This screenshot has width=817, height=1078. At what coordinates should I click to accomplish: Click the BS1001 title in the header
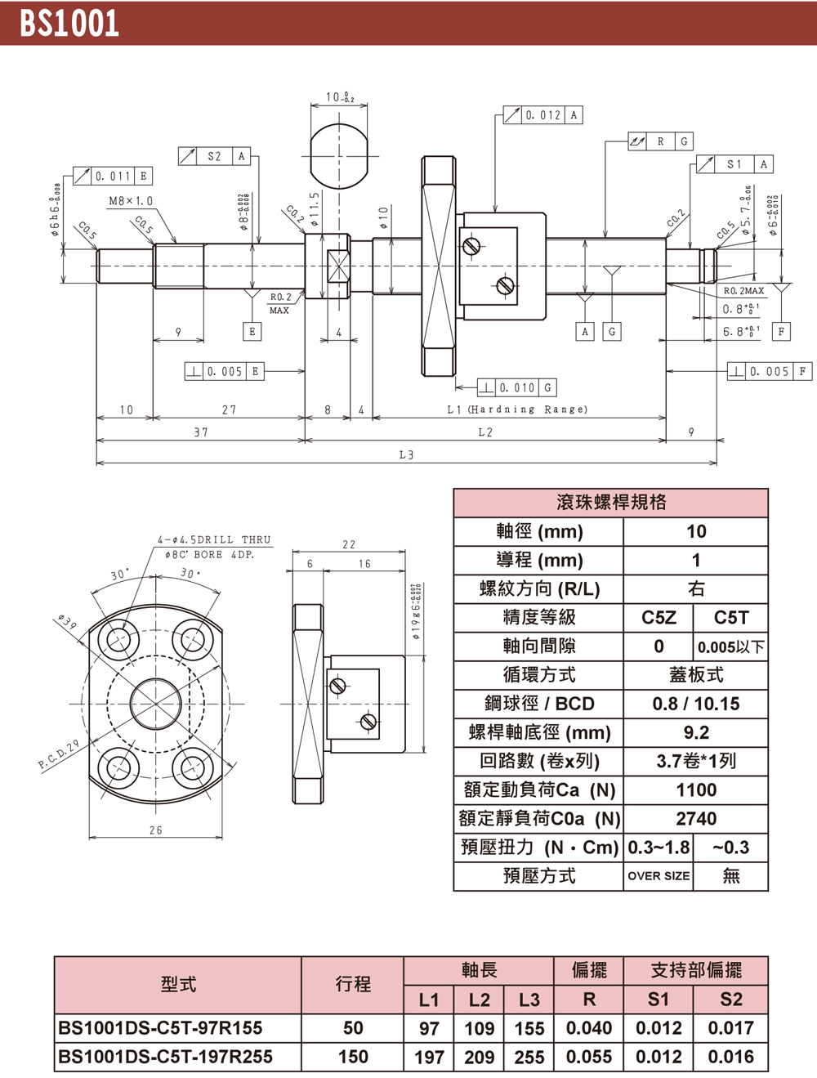point(69,24)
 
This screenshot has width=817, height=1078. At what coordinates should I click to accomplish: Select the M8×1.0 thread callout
point(131,201)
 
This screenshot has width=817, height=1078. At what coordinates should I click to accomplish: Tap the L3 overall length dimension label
point(406,454)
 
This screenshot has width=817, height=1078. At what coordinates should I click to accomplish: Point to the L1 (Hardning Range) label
point(517,409)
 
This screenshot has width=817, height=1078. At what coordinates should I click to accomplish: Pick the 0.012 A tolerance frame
point(542,115)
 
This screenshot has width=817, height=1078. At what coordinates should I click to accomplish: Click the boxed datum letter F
point(781,332)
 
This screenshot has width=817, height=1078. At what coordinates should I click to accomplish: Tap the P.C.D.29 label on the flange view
point(58,756)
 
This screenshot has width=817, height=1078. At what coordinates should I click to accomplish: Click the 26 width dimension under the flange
point(155,830)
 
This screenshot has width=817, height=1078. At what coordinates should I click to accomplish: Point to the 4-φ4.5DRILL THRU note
point(213,539)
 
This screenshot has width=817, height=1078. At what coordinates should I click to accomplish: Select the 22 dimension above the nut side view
point(349,544)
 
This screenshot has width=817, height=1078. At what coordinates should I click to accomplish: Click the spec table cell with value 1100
point(696,790)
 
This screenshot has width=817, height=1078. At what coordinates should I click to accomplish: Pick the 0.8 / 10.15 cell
point(696,704)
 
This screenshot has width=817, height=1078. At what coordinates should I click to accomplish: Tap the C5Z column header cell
point(659,618)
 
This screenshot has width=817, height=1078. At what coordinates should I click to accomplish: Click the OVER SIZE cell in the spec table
point(659,876)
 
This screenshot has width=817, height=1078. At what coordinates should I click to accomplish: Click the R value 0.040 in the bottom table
point(589,1028)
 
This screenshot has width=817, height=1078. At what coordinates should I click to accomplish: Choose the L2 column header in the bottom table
point(480,1000)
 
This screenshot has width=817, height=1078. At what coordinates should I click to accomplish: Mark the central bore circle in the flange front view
point(155,703)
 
